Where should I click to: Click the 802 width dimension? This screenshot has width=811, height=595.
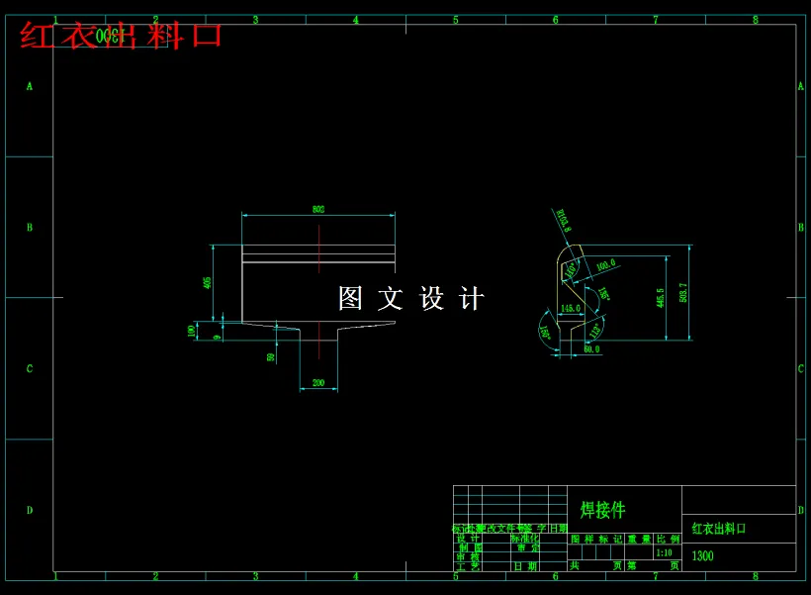pyautogui.click(x=318, y=210)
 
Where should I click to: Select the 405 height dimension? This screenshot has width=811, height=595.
pyautogui.click(x=207, y=282)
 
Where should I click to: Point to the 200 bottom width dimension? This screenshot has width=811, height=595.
pyautogui.click(x=318, y=383)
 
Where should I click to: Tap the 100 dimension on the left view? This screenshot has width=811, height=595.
pyautogui.click(x=192, y=331)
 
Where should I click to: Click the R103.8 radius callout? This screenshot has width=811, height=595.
pyautogui.click(x=563, y=220)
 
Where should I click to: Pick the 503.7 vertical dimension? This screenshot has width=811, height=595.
pyautogui.click(x=683, y=293)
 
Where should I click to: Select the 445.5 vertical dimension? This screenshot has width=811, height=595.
pyautogui.click(x=660, y=297)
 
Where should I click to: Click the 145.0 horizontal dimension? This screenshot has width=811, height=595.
pyautogui.click(x=571, y=309)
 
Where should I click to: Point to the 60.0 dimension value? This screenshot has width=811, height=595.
pyautogui.click(x=590, y=349)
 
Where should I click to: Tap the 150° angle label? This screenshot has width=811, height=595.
pyautogui.click(x=545, y=334)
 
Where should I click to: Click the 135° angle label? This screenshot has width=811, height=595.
pyautogui.click(x=603, y=294)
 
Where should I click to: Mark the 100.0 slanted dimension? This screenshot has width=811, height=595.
pyautogui.click(x=605, y=264)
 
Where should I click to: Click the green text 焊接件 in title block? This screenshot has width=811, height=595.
pyautogui.click(x=602, y=510)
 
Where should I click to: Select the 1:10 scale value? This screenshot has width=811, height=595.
pyautogui.click(x=663, y=552)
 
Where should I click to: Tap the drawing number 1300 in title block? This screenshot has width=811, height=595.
pyautogui.click(x=702, y=556)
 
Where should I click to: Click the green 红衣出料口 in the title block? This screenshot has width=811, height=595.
pyautogui.click(x=718, y=529)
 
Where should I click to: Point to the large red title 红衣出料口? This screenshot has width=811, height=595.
pyautogui.click(x=121, y=36)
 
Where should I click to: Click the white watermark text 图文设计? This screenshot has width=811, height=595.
pyautogui.click(x=410, y=299)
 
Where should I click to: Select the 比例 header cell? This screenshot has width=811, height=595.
pyautogui.click(x=668, y=540)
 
